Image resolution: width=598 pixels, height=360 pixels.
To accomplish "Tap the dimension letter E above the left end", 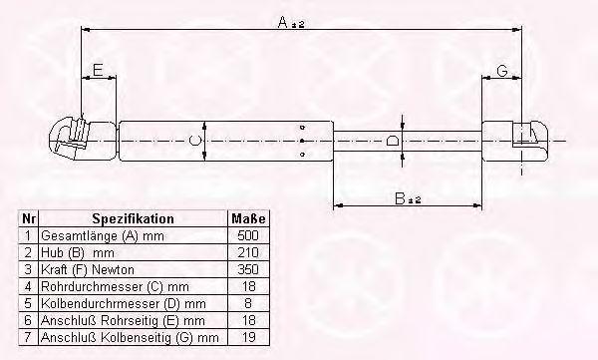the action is pos(98,70).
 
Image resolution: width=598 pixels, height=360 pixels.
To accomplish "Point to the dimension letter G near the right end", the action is pos(502,70).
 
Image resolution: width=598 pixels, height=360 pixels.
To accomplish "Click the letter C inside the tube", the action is pos(194,140).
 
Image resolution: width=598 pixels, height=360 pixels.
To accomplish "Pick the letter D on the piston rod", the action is pos(392,141).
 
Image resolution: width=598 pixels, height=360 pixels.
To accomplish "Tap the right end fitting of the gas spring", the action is pos(515,141).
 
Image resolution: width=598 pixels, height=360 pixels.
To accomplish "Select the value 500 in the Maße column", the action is pos(248,235).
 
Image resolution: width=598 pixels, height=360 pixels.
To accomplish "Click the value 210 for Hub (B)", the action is pos(248,252).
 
